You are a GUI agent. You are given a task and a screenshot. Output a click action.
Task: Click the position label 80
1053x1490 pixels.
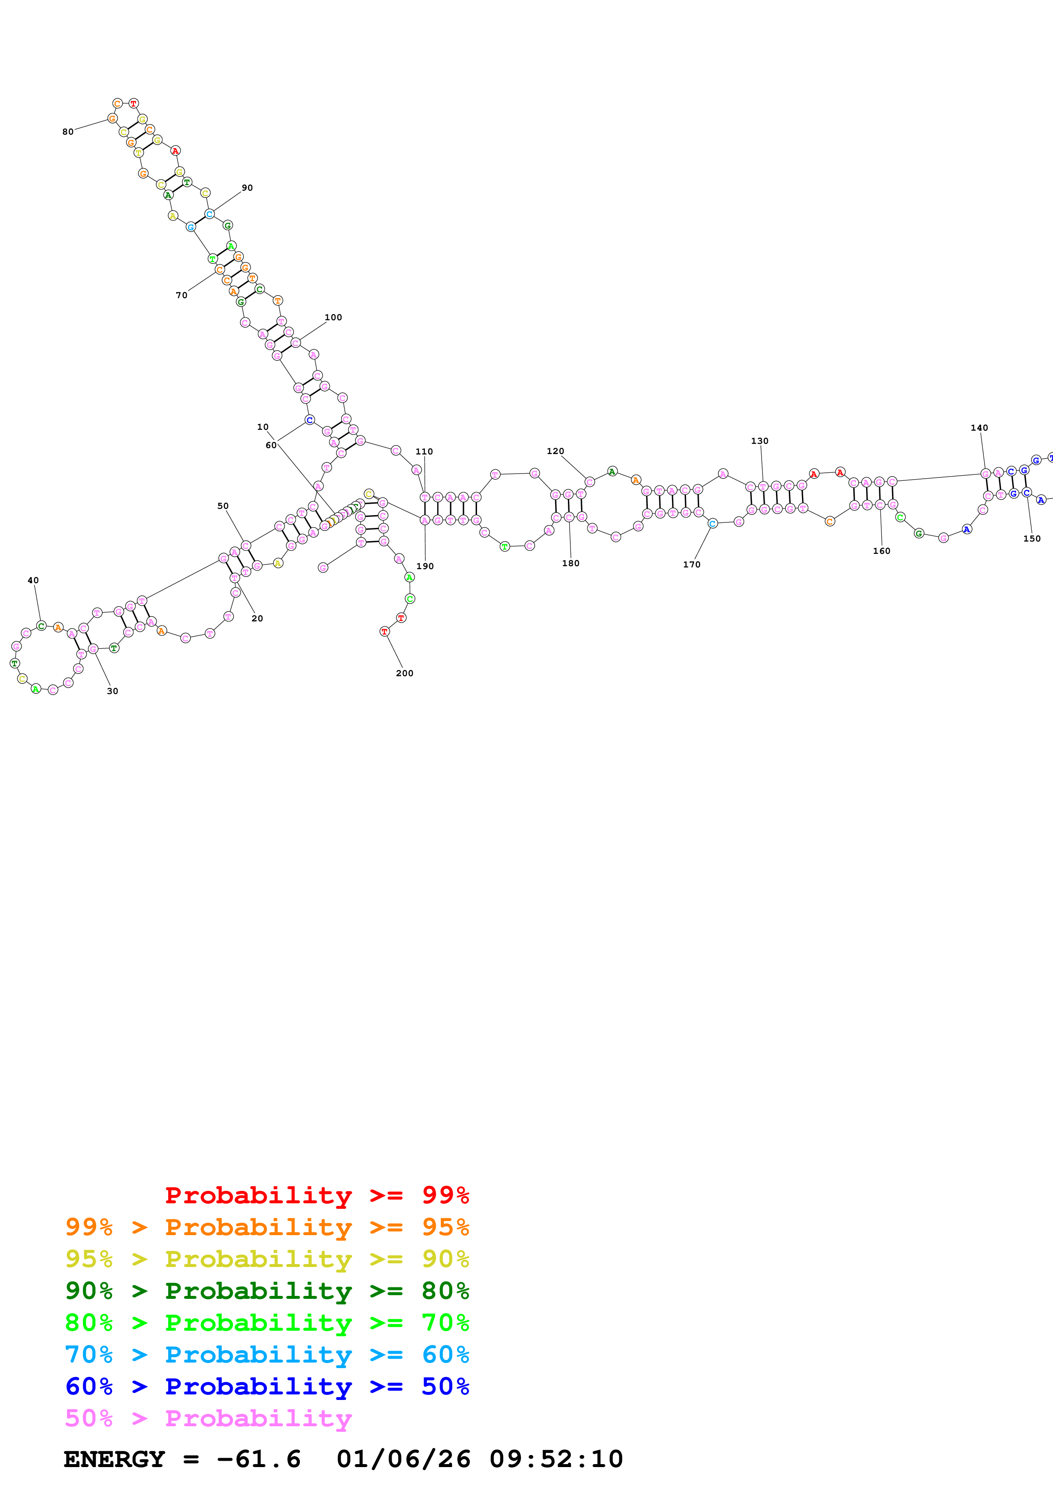pos(68,132)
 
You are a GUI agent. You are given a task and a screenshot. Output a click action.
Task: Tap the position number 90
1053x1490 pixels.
pos(247,188)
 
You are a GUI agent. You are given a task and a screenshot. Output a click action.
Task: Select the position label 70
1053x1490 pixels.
pos(182,295)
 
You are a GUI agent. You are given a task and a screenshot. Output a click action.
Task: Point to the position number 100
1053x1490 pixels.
pos(333,317)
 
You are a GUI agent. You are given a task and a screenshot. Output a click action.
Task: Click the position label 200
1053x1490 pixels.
pos(404,673)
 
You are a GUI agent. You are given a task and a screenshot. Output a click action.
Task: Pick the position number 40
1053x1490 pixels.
pos(33,580)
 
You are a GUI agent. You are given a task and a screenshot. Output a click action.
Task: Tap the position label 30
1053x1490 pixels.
pos(112,691)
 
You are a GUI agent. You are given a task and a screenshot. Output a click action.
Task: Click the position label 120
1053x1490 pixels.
pos(555,451)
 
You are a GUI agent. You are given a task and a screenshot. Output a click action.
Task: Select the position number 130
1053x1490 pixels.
pos(760,440)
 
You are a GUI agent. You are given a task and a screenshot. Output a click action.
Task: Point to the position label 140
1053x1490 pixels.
pos(979,428)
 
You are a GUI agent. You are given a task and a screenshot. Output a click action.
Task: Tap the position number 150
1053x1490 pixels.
pos(1032,539)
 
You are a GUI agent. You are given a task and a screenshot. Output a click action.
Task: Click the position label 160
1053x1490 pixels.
pos(881,551)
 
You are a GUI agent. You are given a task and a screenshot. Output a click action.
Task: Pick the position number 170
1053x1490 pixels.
pos(692,564)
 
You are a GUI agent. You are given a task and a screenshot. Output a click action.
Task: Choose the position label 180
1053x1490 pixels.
pos(570,563)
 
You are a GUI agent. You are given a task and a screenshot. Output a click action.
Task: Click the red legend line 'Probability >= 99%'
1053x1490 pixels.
pos(316,1195)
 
